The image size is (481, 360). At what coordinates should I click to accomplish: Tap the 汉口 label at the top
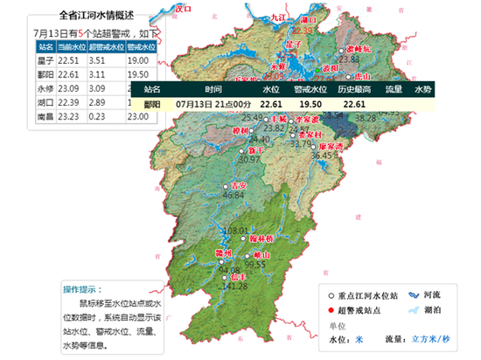[x=183, y=8]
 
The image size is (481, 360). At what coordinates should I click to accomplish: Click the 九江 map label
[x=278, y=16]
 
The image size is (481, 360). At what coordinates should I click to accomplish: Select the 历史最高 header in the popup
[x=354, y=89]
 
